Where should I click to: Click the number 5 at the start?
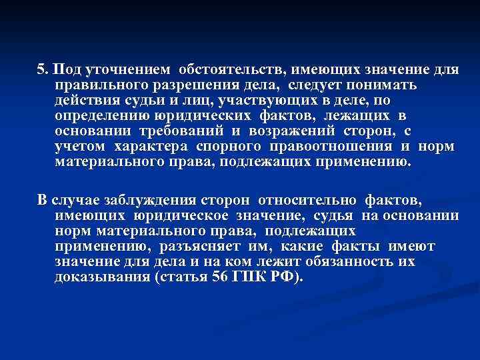coord(41,70)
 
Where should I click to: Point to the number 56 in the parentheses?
coord(219,277)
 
